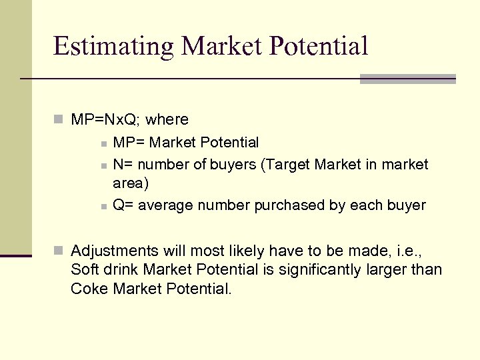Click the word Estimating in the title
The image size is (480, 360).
(113, 46)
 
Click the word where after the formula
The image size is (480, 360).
(167, 120)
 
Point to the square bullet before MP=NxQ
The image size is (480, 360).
(59, 120)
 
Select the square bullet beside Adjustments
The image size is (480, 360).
(59, 251)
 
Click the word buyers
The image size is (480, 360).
(236, 164)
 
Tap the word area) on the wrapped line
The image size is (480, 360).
(131, 183)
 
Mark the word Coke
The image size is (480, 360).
(90, 289)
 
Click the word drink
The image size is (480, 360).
(120, 270)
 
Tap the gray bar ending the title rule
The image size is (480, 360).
(407, 79)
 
